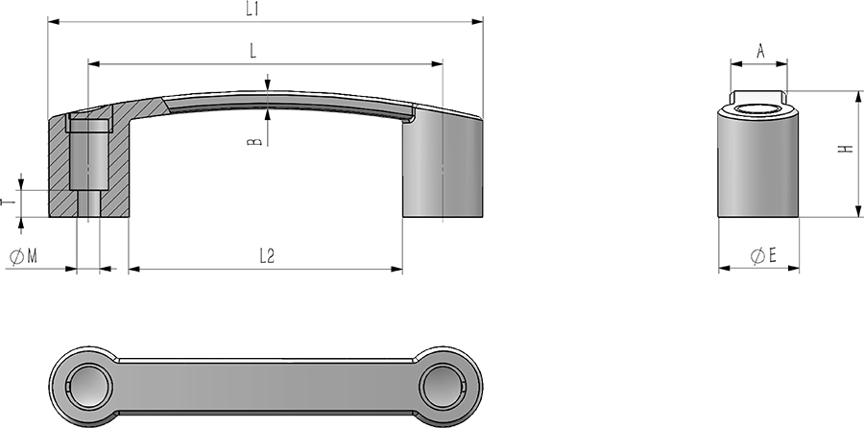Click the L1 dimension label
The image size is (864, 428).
point(252,10)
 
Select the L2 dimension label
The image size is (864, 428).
point(267,256)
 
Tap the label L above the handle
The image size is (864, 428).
point(252,51)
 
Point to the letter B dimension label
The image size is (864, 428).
point(254,142)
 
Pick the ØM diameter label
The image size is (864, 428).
point(24,256)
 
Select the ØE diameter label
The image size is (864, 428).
point(763,255)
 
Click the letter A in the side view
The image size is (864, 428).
point(761,52)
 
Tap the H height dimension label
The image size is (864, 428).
point(845,149)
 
